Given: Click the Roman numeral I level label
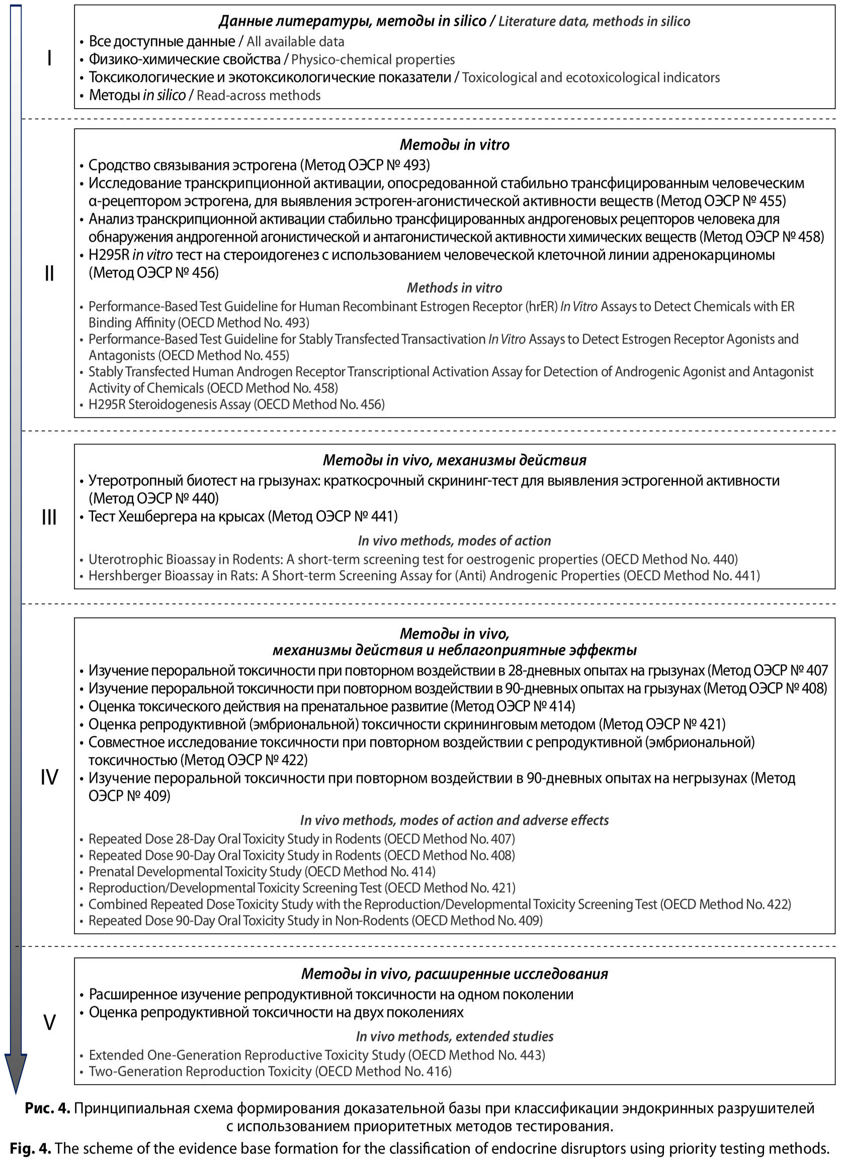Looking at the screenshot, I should [49, 58].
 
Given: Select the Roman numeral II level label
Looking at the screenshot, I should [49, 274].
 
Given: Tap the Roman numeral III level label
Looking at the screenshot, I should [49, 517].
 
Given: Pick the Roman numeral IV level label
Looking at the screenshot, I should [49, 777].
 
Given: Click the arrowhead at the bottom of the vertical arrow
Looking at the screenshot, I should [16, 1071].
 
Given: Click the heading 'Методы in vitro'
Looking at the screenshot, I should [454, 145].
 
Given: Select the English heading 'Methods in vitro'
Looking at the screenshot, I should [454, 288].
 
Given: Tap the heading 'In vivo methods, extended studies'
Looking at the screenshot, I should [454, 1036].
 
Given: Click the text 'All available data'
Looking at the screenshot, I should [295, 42].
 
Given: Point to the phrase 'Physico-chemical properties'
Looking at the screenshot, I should [373, 60].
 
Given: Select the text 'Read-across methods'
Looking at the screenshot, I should [259, 96].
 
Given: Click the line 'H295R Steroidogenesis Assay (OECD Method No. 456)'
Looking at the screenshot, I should [236, 405].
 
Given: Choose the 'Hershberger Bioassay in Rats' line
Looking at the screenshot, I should [424, 576].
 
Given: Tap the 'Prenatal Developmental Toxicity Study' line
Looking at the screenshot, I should [262, 871].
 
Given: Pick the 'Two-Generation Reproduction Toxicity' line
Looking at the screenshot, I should [270, 1071].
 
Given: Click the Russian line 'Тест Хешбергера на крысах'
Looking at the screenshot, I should [243, 516].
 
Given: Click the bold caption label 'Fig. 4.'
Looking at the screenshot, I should [31, 1148].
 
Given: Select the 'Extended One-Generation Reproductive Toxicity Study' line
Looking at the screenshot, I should [317, 1055].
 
